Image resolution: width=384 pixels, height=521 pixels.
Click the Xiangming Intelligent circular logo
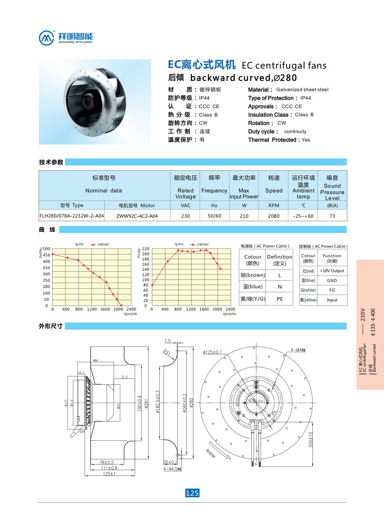47,38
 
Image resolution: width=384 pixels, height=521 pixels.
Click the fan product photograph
95,102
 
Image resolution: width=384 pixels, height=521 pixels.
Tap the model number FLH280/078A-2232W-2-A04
72,216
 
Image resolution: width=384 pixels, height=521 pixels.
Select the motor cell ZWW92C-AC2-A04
137,216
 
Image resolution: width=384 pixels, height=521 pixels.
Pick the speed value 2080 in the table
274,216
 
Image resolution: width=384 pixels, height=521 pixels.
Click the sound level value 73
332,216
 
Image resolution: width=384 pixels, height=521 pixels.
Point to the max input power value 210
244,216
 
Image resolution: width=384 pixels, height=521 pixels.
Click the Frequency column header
214,191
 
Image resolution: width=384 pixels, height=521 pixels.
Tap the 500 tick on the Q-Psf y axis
47,249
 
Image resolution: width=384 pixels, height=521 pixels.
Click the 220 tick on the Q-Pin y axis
146,249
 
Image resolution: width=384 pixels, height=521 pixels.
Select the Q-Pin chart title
179,244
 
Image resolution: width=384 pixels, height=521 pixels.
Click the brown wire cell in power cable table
253,275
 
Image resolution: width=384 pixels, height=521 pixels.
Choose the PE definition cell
279,299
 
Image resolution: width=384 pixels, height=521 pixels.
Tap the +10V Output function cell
332,271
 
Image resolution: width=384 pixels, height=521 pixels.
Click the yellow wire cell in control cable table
308,300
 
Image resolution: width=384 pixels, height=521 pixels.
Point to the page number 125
192,493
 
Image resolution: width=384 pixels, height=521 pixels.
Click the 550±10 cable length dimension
311,440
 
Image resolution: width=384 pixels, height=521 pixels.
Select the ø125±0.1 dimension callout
212,352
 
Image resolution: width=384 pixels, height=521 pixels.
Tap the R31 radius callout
167,353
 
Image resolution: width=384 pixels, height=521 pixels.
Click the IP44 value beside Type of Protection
306,98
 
